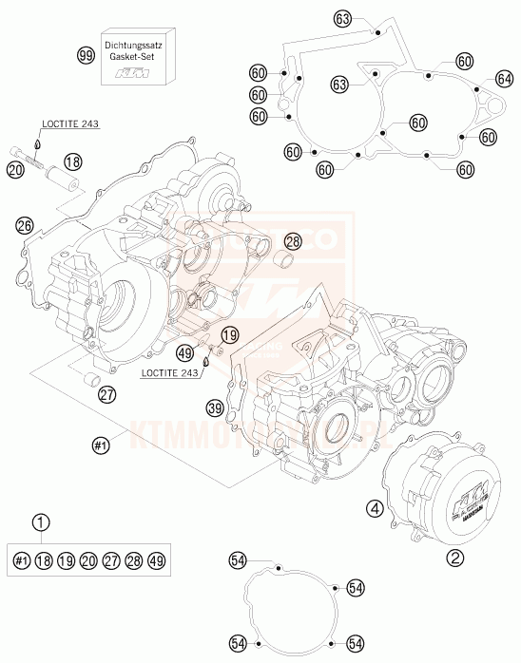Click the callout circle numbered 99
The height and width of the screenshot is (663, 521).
(x=86, y=56)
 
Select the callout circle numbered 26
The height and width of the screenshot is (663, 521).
(x=25, y=225)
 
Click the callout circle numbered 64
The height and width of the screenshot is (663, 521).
(x=504, y=80)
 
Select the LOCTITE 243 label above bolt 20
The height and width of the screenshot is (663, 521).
(x=69, y=123)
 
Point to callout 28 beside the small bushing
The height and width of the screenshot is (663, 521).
(x=293, y=242)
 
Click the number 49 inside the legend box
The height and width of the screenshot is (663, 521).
(x=156, y=562)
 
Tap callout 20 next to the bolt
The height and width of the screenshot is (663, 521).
(x=13, y=170)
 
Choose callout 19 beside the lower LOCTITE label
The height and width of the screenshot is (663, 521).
(x=228, y=334)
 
